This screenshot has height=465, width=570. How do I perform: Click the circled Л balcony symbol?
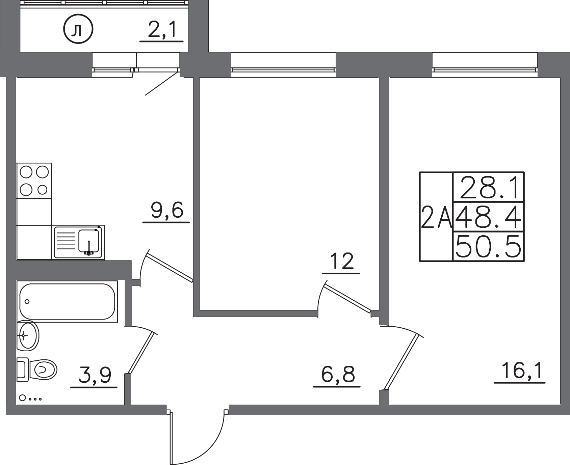click(x=78, y=31)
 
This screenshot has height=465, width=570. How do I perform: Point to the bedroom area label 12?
click(x=341, y=262)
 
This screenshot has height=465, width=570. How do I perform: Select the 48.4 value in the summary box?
click(x=488, y=217)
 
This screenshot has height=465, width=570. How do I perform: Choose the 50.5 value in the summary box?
click(x=488, y=246)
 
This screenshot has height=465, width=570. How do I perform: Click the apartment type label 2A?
click(x=436, y=217)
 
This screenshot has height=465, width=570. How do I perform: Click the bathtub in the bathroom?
click(x=68, y=301)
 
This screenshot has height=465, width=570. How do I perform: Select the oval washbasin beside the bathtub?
click(x=28, y=335)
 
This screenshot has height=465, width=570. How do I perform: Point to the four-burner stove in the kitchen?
click(x=34, y=181)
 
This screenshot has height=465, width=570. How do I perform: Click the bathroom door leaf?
click(x=141, y=353)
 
